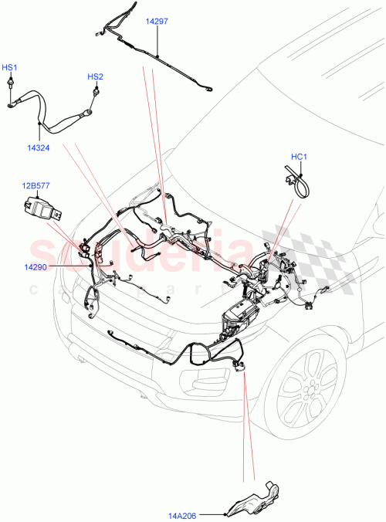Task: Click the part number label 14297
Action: pyautogui.click(x=157, y=22)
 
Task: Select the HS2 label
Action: pyautogui.click(x=95, y=76)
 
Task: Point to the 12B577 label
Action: pyautogui.click(x=35, y=186)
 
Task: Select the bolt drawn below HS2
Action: pyautogui.click(x=95, y=92)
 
